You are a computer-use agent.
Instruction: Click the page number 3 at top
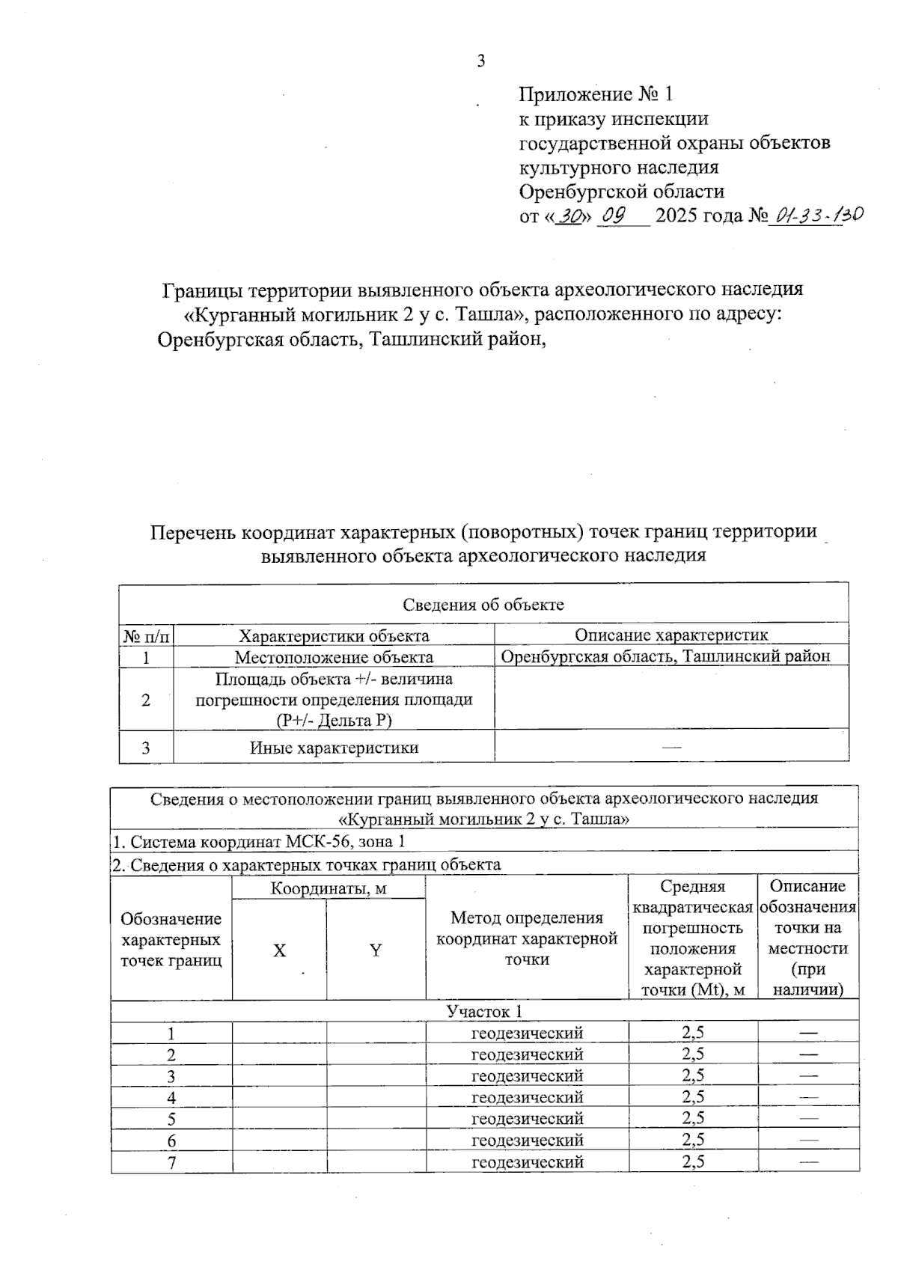coord(481,61)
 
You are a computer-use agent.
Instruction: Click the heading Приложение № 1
coord(596,94)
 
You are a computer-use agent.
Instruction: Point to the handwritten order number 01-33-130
coord(818,216)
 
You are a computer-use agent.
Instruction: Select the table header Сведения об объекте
coord(483,605)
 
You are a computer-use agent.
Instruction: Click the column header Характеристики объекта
coord(334,636)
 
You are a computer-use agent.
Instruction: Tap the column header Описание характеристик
coord(671,635)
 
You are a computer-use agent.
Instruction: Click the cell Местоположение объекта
coord(334,658)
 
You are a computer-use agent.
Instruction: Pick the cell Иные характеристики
coord(334,748)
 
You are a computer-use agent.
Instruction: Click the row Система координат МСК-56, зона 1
coord(259,841)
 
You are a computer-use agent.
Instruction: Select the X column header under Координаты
coord(279,950)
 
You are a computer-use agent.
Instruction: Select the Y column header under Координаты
coord(376,950)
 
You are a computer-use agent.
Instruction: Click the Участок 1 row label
coord(483,1012)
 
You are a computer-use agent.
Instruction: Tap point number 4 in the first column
coord(171,1098)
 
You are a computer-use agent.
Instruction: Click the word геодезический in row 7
coord(527,1162)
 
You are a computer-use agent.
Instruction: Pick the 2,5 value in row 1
coord(693,1034)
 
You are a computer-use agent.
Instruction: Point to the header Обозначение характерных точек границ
coord(171,940)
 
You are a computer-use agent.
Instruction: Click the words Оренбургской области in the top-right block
coord(621,192)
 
